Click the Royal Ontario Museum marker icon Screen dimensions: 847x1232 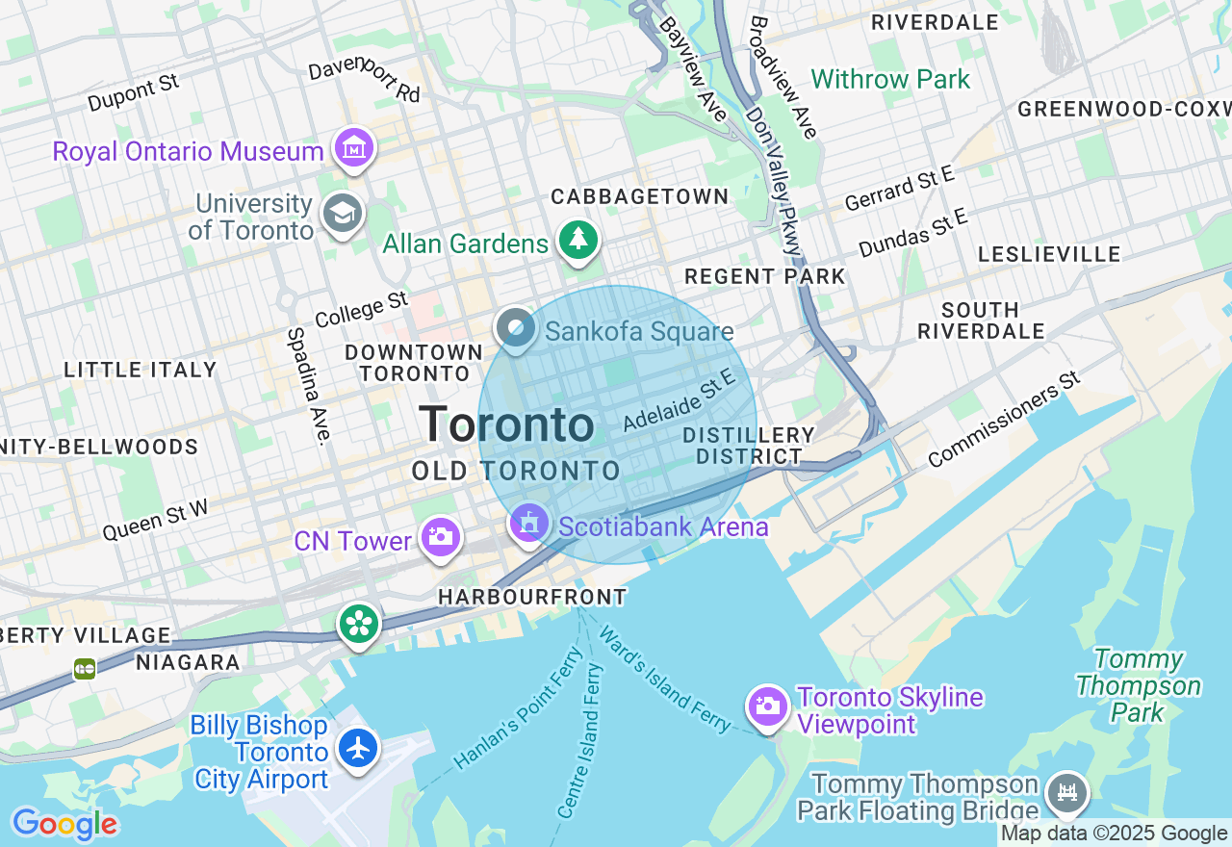354,148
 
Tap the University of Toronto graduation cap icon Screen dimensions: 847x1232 343,213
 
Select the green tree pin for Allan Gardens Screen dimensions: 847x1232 577,240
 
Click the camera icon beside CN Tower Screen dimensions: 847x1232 440,536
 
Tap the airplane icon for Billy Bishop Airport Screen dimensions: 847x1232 358,748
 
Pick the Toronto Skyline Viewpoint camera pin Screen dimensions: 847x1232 767,707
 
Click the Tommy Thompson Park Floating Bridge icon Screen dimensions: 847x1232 1067,793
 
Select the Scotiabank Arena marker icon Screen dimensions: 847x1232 528,524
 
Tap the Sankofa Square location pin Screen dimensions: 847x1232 516,328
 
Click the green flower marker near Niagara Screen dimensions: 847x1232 359,624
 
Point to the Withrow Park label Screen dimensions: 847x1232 890,79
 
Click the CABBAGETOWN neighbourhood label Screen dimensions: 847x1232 639,196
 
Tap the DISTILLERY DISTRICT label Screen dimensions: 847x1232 749,446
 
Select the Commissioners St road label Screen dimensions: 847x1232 1006,421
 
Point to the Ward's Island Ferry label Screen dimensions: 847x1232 664,680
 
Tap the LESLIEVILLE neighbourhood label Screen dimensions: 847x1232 1049,254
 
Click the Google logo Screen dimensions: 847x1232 64,824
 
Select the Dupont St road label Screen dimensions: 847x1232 133,94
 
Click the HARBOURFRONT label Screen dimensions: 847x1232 532,598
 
